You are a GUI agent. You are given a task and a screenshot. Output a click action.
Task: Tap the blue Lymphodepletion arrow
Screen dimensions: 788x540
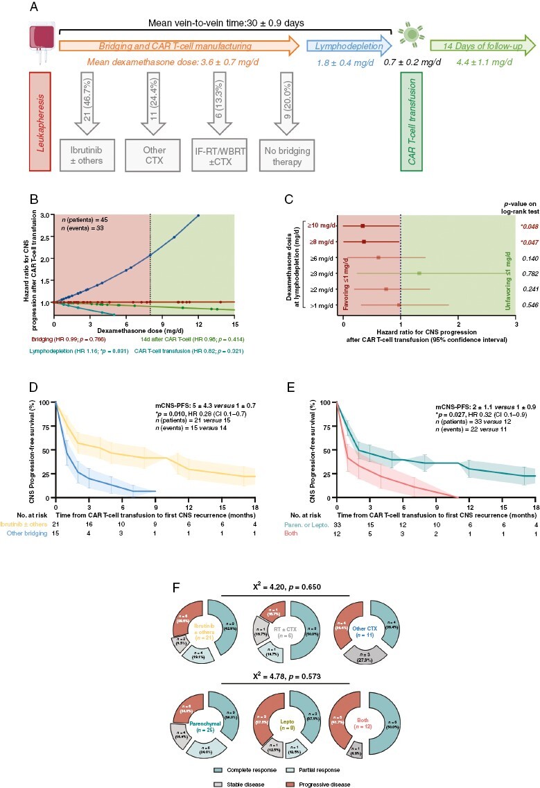[349, 46]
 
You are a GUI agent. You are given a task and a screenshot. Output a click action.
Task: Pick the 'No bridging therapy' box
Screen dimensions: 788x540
[285, 152]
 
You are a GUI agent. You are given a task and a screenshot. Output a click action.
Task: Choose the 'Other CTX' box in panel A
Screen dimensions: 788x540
[148, 152]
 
